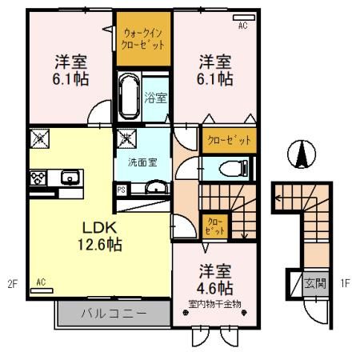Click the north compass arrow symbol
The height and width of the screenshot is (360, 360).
pyautogui.click(x=302, y=153)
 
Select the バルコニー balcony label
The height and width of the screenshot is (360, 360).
pyautogui.click(x=112, y=313)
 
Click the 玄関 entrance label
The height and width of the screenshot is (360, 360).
pyautogui.click(x=316, y=282)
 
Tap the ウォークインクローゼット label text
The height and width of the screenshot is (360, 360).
pyautogui.click(x=144, y=39)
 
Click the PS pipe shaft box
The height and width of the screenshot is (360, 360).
pyautogui.click(x=122, y=190)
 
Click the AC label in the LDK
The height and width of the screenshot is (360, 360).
pyautogui.click(x=40, y=282)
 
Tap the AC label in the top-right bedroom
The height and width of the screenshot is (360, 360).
pyautogui.click(x=243, y=26)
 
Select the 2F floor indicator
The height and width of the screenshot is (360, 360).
pyautogui.click(x=11, y=282)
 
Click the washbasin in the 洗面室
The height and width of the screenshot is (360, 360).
pyautogui.click(x=154, y=189)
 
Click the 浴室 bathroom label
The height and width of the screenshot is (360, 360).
pyautogui.click(x=155, y=98)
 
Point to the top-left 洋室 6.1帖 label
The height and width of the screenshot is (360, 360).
pyautogui.click(x=71, y=70)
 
